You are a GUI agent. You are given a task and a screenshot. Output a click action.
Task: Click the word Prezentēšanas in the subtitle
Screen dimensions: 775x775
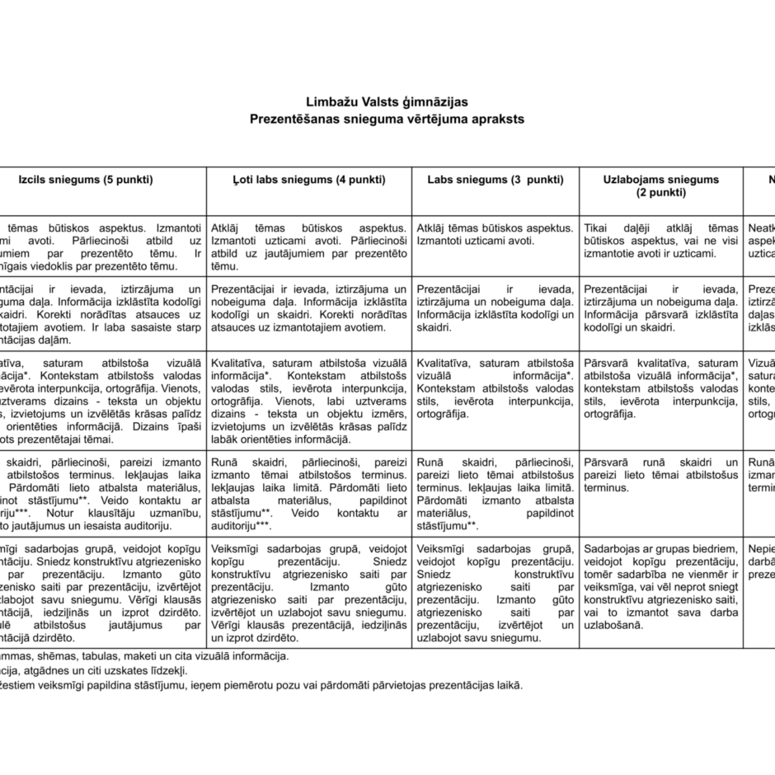(289, 119)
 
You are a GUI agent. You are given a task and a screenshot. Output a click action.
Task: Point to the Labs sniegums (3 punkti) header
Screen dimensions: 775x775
(496, 180)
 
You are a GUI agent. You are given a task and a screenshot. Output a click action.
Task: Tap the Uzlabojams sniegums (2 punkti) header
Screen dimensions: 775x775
(660, 186)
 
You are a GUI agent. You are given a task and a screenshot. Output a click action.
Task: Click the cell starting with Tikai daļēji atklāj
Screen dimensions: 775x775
(660, 241)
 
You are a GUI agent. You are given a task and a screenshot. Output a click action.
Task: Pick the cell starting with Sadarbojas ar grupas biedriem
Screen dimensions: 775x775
(660, 587)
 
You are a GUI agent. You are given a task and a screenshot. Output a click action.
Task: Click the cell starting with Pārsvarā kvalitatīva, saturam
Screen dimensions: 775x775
(660, 387)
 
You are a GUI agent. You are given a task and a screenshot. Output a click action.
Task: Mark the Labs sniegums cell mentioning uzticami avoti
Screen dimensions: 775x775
(496, 234)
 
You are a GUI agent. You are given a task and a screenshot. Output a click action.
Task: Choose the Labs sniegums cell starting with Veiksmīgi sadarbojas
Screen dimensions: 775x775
(496, 593)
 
